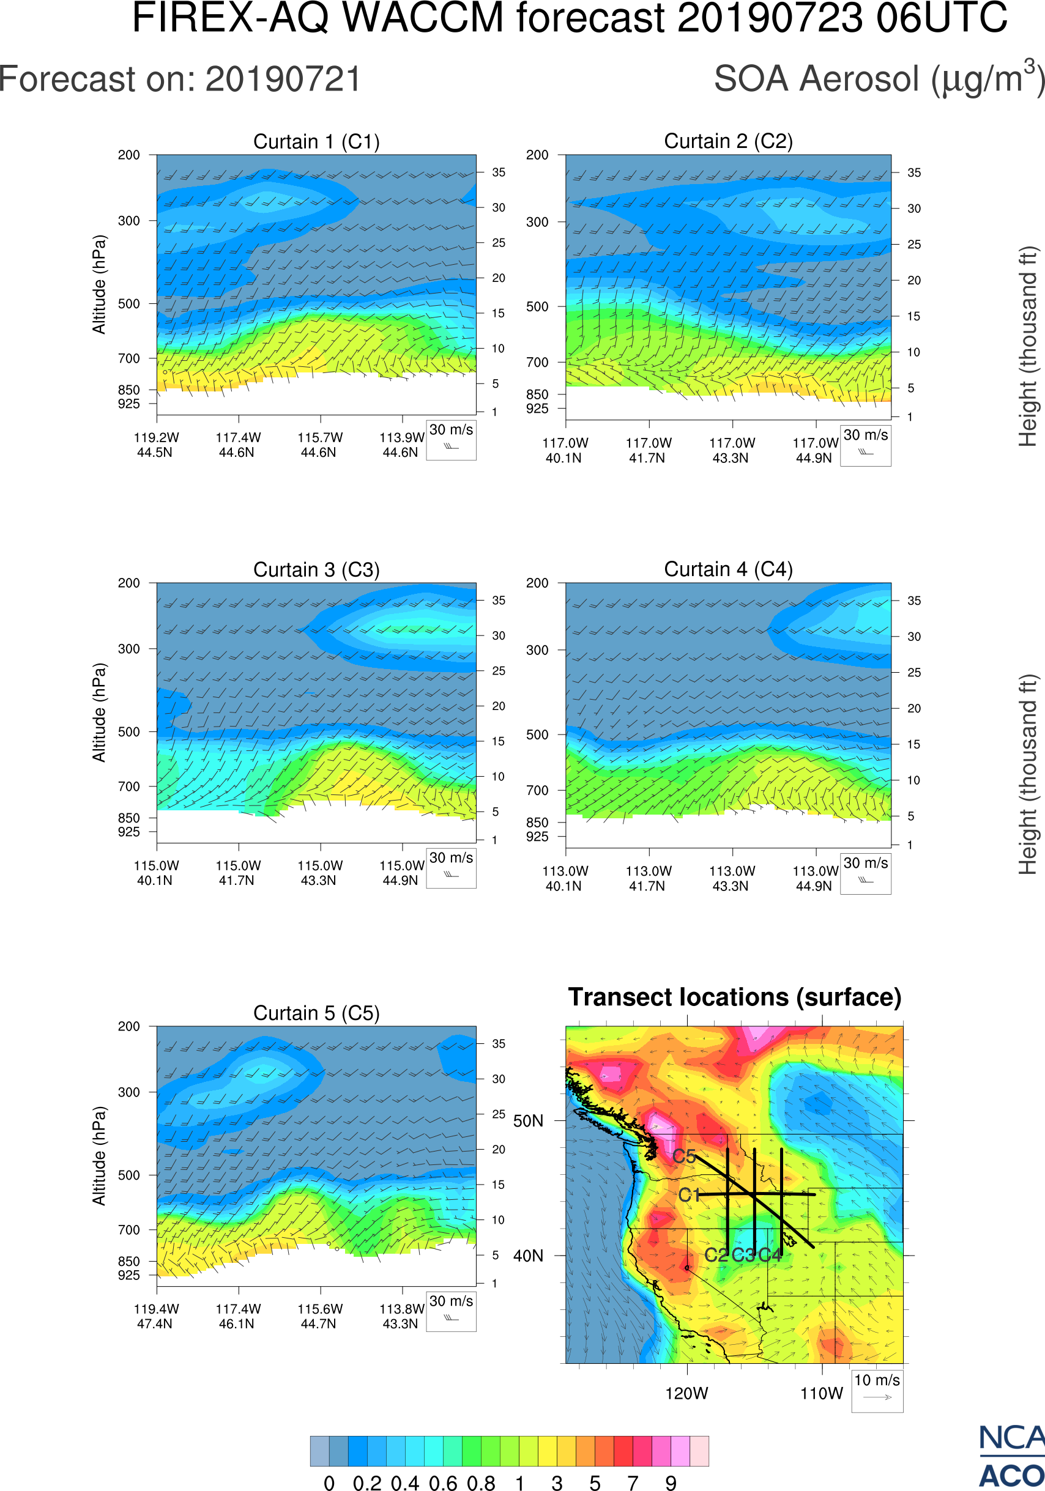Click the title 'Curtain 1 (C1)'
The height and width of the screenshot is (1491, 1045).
(x=316, y=141)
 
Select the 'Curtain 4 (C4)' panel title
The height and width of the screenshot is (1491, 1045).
(x=728, y=569)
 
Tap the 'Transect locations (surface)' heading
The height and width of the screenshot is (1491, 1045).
(x=735, y=997)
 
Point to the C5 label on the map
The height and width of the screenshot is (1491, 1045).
(x=684, y=1156)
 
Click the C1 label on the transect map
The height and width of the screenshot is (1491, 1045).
(x=688, y=1195)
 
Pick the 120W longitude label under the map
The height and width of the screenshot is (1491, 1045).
(x=686, y=1394)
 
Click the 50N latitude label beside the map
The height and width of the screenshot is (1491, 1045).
(x=528, y=1122)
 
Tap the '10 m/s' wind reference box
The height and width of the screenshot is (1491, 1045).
(x=877, y=1390)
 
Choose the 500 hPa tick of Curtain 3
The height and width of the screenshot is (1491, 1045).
(x=128, y=732)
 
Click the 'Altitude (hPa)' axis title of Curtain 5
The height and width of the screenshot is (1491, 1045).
(x=99, y=1156)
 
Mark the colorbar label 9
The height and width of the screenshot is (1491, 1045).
(x=671, y=1482)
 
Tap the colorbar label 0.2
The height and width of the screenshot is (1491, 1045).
(x=367, y=1482)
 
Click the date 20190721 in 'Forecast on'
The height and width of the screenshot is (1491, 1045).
(x=283, y=80)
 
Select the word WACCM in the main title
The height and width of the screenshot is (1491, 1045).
(x=423, y=18)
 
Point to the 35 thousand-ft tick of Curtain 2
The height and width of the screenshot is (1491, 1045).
(x=914, y=172)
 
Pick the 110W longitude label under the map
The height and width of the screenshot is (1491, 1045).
(x=821, y=1394)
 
